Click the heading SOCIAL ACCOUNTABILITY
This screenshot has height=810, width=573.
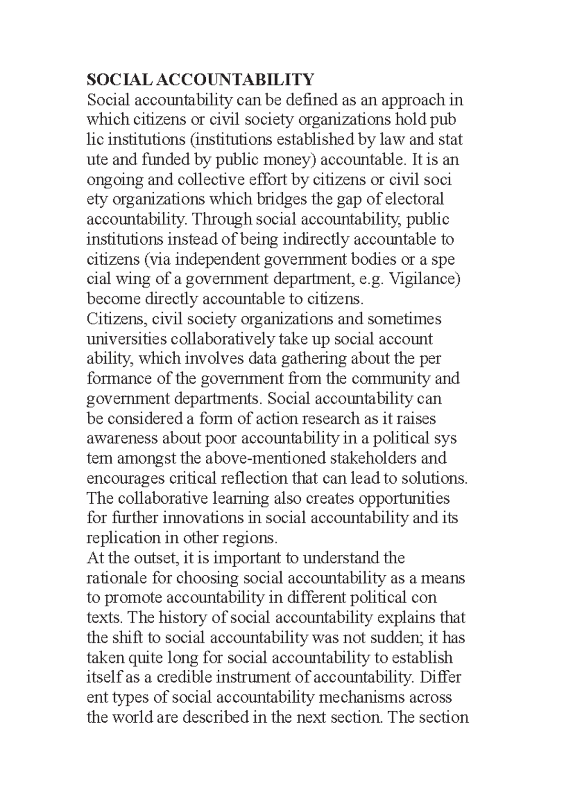click(x=200, y=79)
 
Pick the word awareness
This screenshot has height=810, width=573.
click(x=122, y=438)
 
